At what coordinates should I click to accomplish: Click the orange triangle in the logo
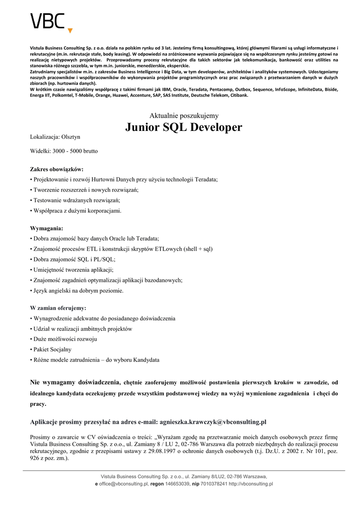coord(70,31)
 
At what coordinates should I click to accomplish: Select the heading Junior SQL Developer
coord(184,127)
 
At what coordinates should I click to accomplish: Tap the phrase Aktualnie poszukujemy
coord(184,116)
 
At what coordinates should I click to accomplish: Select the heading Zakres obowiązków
coord(57,169)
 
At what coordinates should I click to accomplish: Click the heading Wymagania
coord(47,228)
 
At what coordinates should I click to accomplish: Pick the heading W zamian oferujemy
coord(58,308)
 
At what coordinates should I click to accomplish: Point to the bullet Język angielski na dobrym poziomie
coord(78,291)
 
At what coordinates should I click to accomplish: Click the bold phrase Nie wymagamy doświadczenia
coord(75,382)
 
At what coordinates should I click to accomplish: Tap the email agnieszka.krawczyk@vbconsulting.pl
coord(213,422)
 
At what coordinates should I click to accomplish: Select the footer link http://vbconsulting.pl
coord(251,484)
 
